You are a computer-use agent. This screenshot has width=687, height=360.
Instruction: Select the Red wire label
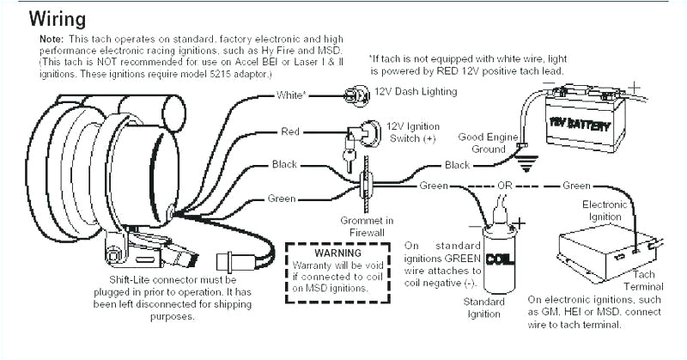290,131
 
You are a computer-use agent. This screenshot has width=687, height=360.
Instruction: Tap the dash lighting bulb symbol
351,95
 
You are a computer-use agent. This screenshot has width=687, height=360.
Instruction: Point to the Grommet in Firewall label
368,226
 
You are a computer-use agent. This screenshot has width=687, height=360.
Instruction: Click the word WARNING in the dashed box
338,254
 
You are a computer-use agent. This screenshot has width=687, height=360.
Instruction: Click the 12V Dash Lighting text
421,91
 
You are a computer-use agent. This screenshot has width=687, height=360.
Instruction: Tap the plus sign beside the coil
520,223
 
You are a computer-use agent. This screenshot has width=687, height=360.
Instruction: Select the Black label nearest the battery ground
457,165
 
